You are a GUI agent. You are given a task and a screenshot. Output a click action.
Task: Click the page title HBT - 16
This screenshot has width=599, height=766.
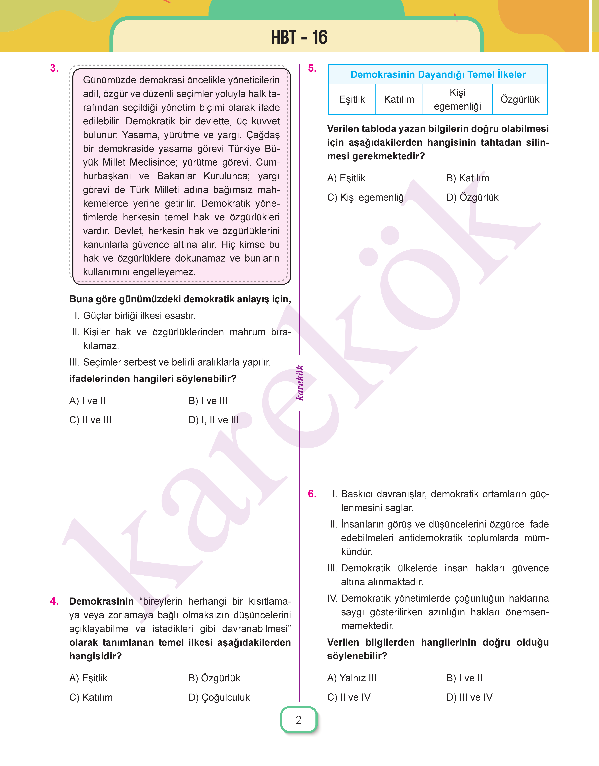(299, 37)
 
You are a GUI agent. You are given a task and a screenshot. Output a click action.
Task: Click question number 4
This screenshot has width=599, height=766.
(54, 601)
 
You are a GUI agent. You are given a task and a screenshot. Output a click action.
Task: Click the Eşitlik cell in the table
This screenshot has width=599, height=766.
(352, 99)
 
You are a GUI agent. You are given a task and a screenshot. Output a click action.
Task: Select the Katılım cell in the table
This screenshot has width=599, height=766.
(399, 99)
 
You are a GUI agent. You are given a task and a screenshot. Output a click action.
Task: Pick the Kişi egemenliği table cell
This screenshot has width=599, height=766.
(457, 99)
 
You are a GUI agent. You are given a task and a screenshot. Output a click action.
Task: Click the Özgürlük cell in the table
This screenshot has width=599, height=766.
(520, 99)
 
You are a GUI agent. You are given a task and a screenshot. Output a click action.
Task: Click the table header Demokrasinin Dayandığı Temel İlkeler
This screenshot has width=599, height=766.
(438, 74)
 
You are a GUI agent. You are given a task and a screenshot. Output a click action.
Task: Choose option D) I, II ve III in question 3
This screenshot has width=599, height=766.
(214, 420)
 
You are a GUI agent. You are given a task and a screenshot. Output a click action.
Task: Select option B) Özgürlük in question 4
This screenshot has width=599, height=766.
(214, 678)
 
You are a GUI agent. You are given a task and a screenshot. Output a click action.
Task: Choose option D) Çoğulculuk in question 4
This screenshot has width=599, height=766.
(219, 697)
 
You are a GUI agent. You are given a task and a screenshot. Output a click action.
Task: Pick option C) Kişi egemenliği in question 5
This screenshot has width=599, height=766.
(367, 197)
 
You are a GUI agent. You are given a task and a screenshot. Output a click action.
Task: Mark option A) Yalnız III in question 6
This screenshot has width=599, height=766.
(352, 678)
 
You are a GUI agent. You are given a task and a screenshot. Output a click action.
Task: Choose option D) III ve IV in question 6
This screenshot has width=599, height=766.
(470, 697)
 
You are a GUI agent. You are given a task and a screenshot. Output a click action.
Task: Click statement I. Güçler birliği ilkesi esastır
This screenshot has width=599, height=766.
(135, 315)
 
